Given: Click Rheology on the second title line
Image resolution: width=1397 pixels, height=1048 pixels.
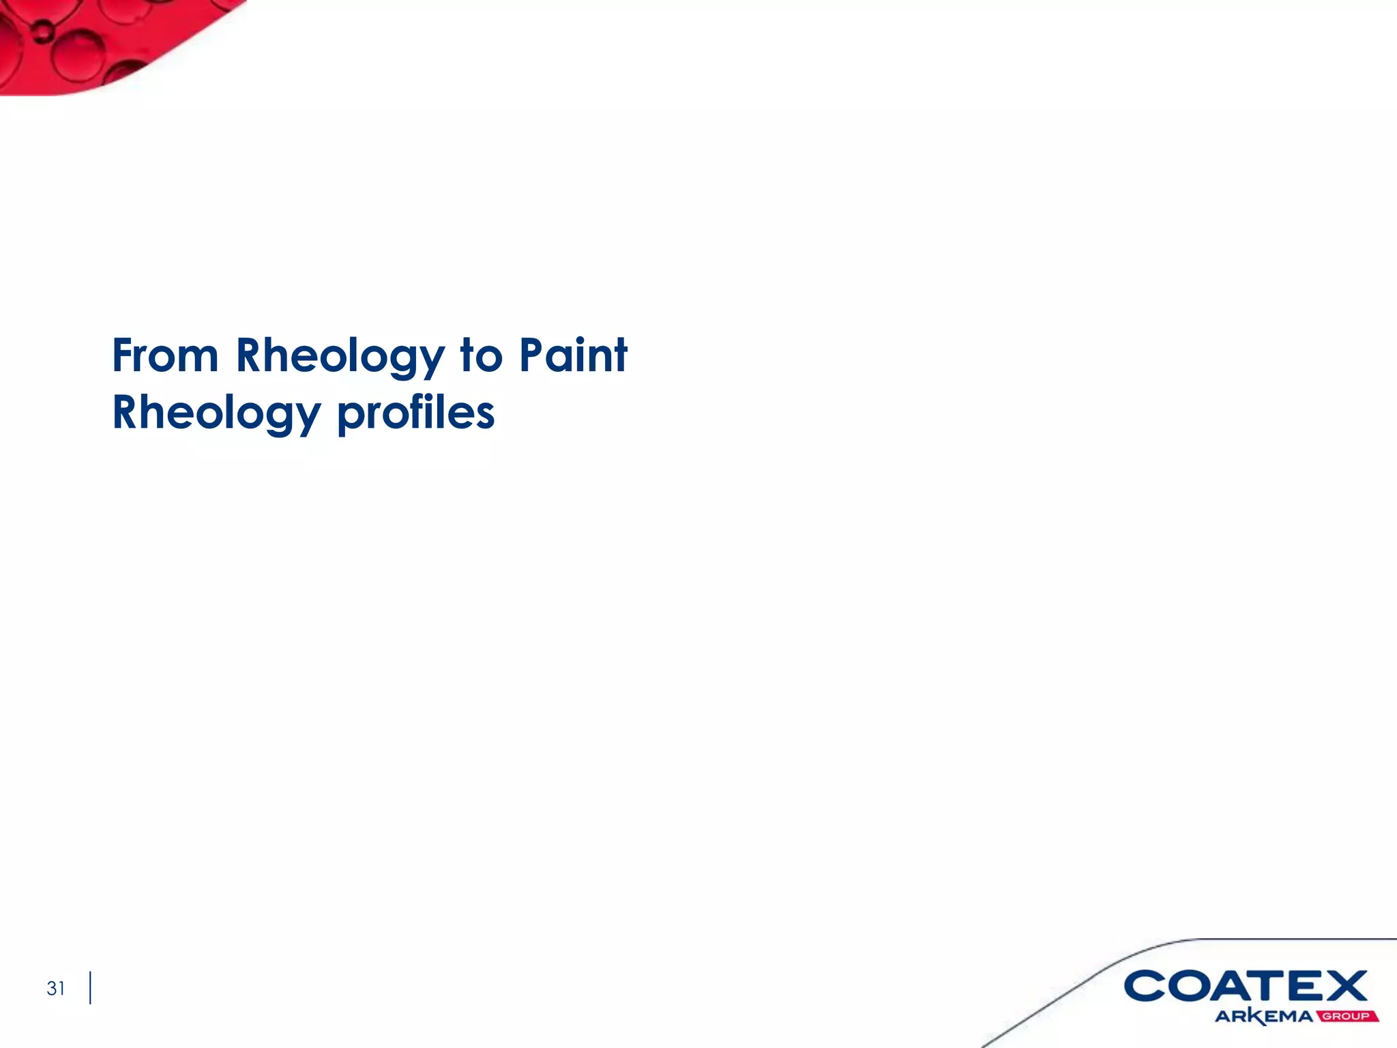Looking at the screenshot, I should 216,413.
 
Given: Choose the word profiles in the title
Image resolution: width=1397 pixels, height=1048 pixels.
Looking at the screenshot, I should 416,413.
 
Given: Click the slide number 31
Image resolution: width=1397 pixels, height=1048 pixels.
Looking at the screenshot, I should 56,988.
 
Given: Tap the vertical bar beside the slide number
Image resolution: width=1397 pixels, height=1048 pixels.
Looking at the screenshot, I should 90,988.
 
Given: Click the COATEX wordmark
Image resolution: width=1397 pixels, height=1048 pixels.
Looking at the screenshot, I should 1245,987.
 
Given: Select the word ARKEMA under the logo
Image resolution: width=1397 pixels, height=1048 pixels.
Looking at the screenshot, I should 1264,1017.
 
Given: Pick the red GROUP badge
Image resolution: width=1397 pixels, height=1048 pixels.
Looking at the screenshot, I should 1347,1017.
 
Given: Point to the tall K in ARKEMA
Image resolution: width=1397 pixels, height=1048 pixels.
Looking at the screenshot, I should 1257,1017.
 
